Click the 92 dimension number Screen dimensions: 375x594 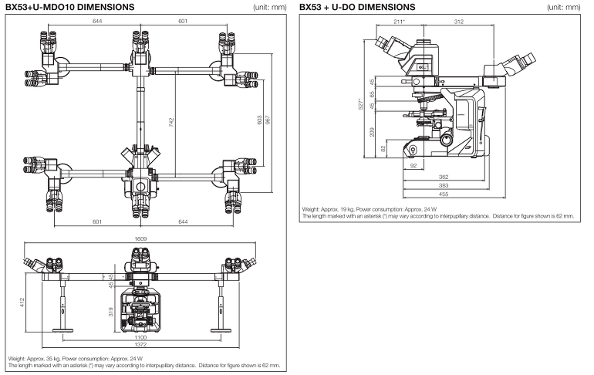click(413, 165)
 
